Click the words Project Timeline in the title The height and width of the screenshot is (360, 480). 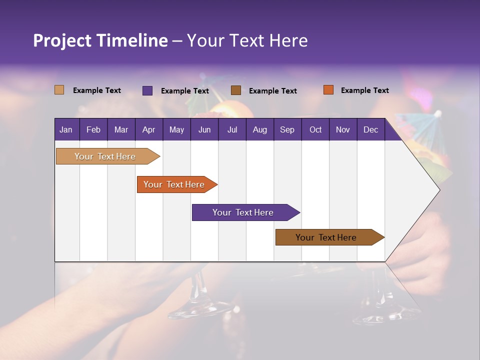pyautogui.click(x=100, y=40)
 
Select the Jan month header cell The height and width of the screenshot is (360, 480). pyautogui.click(x=66, y=129)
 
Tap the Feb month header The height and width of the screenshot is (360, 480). pyautogui.click(x=93, y=129)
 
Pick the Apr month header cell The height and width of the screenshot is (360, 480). pyautogui.click(x=149, y=129)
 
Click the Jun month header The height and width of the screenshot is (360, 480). pyautogui.click(x=204, y=129)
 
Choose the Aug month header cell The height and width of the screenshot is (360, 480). pyautogui.click(x=260, y=129)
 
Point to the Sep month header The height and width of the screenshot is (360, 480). pyautogui.click(x=287, y=129)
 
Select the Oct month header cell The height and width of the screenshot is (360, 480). pyautogui.click(x=315, y=129)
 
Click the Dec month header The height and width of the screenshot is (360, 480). pyautogui.click(x=371, y=129)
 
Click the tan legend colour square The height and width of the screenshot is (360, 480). pyautogui.click(x=59, y=90)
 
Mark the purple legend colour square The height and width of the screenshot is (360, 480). pyautogui.click(x=147, y=90)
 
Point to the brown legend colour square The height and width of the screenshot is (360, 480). pyautogui.click(x=236, y=90)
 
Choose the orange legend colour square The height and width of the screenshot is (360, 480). pyautogui.click(x=328, y=90)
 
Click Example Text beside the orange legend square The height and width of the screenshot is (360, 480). pyautogui.click(x=364, y=90)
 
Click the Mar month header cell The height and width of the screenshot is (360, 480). pyautogui.click(x=121, y=129)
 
